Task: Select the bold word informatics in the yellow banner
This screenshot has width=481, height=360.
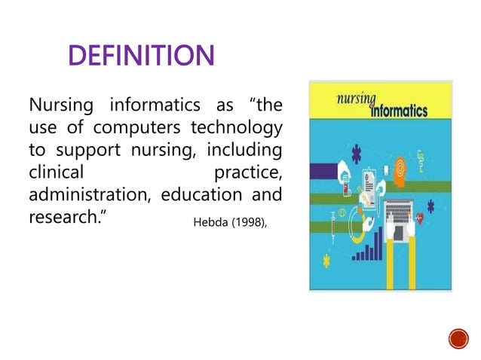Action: [399, 111]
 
